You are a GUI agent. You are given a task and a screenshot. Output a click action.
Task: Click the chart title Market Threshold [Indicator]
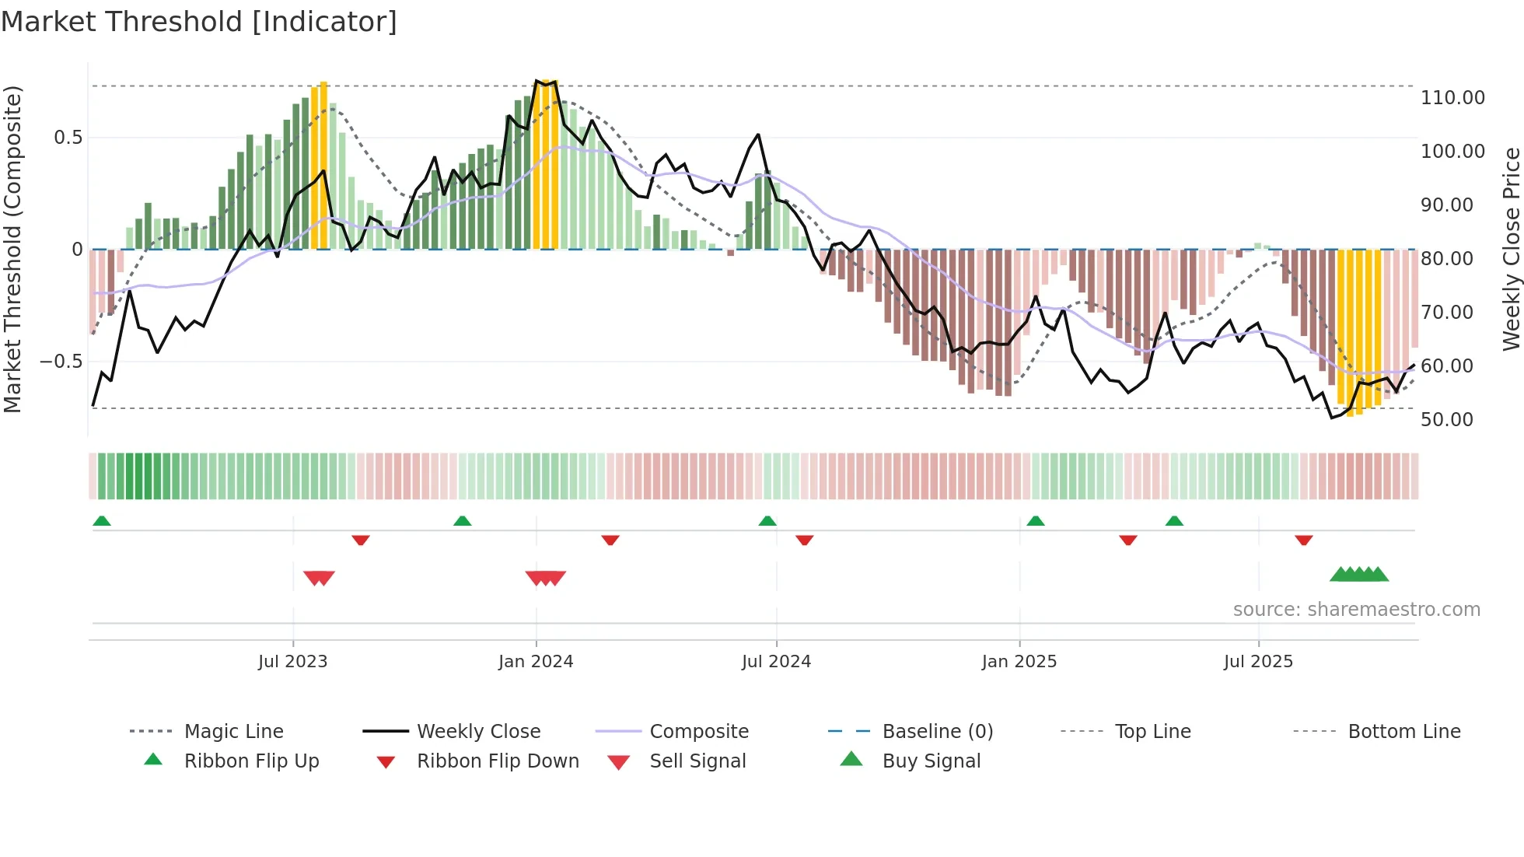pyautogui.click(x=199, y=22)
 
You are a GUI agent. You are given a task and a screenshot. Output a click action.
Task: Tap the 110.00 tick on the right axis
pyautogui.click(x=1452, y=98)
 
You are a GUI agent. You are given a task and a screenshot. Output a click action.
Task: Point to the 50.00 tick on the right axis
pyautogui.click(x=1446, y=420)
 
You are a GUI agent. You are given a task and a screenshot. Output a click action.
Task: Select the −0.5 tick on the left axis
pyautogui.click(x=61, y=362)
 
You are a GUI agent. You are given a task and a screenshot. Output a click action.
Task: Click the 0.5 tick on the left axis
pyautogui.click(x=68, y=138)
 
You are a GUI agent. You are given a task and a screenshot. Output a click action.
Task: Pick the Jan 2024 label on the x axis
pyautogui.click(x=536, y=662)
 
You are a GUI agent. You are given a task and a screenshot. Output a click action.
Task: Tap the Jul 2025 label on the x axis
pyautogui.click(x=1258, y=662)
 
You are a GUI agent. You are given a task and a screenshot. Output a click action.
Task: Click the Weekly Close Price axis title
pyautogui.click(x=1511, y=249)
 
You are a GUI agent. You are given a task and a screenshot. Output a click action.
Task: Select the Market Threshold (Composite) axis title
pyautogui.click(x=12, y=249)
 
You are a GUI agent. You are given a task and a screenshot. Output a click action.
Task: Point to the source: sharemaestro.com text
pyautogui.click(x=1356, y=610)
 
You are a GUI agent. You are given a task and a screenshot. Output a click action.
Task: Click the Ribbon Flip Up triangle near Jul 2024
pyautogui.click(x=767, y=521)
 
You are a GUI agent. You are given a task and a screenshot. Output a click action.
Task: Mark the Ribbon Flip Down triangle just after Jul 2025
pyautogui.click(x=1304, y=540)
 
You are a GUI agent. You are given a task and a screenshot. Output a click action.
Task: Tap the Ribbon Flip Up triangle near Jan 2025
pyautogui.click(x=1035, y=521)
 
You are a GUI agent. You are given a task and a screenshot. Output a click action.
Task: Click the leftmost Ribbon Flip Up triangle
pyautogui.click(x=102, y=521)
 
